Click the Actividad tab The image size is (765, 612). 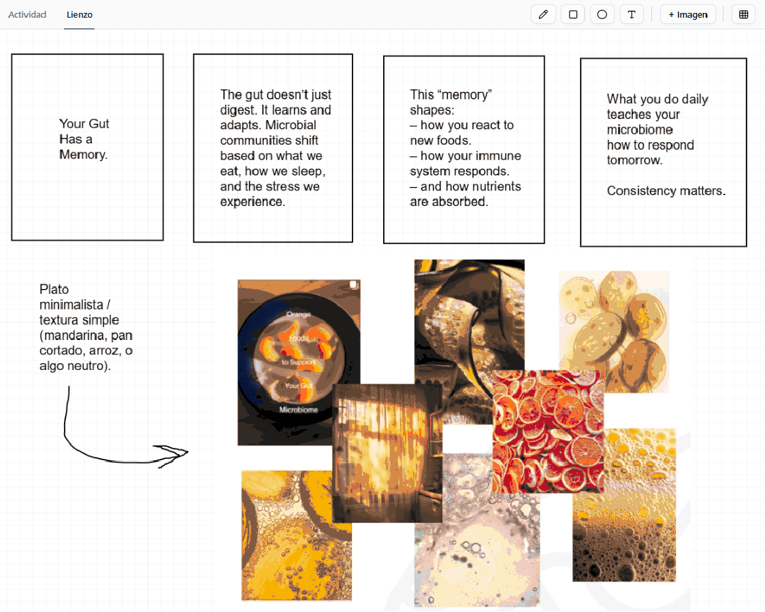pyautogui.click(x=27, y=14)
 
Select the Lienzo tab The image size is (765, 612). pyautogui.click(x=80, y=14)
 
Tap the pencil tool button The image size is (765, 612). pyautogui.click(x=543, y=14)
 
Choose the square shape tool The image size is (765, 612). pyautogui.click(x=573, y=14)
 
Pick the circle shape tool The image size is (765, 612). pyautogui.click(x=602, y=14)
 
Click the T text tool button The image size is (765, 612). pyautogui.click(x=632, y=14)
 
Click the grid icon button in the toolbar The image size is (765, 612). pyautogui.click(x=743, y=14)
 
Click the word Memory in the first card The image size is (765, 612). pyautogui.click(x=82, y=155)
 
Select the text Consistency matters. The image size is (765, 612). pyautogui.click(x=666, y=191)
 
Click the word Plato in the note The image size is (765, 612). pyautogui.click(x=54, y=290)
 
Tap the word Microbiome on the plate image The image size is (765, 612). pyautogui.click(x=299, y=410)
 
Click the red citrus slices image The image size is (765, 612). pyautogui.click(x=549, y=431)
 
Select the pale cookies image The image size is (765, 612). pyautogui.click(x=614, y=332)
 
